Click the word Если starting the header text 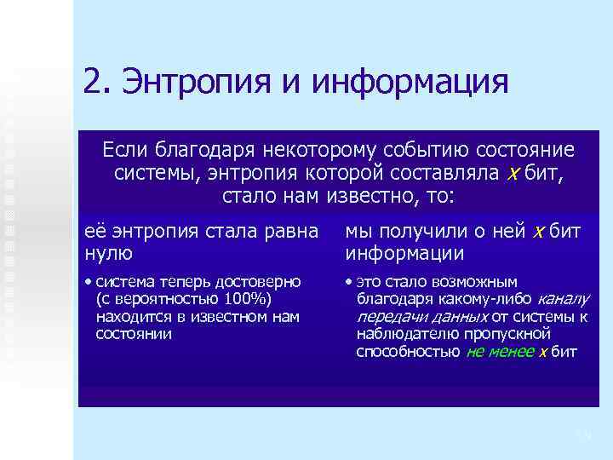(x=125, y=151)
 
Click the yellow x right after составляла (x=513, y=174)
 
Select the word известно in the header (x=364, y=197)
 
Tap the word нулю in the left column (x=108, y=253)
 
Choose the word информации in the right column (x=404, y=253)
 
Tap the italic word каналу (x=563, y=299)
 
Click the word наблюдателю (x=405, y=334)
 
